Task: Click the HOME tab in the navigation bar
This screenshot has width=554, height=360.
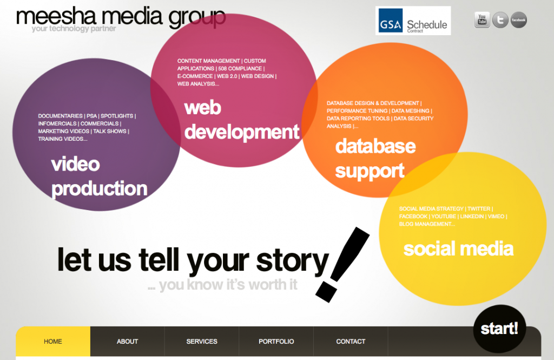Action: [x=53, y=341]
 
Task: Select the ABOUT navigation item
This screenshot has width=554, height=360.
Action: [x=127, y=341]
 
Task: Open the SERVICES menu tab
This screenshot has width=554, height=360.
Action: [x=202, y=341]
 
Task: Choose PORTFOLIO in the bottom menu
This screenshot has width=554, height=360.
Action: [x=276, y=341]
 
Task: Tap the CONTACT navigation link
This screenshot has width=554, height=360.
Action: [x=351, y=341]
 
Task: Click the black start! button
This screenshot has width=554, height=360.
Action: [x=499, y=329]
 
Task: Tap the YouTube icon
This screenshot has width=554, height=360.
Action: [x=482, y=20]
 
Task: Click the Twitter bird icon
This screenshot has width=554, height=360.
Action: [x=500, y=20]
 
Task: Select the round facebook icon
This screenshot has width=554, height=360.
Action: [x=518, y=20]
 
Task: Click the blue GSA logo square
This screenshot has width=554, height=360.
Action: [x=391, y=21]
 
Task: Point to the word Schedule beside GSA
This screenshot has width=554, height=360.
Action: [x=427, y=25]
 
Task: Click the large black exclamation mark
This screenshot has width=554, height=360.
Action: [x=342, y=265]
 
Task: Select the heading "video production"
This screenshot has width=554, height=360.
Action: [x=100, y=176]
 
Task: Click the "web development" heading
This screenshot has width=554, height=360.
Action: [x=242, y=120]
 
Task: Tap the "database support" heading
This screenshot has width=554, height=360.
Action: [x=375, y=159]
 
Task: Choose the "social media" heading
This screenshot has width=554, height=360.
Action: [x=458, y=248]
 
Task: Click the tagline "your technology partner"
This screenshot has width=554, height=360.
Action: [x=74, y=29]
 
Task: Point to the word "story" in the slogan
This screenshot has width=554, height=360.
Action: [x=293, y=261]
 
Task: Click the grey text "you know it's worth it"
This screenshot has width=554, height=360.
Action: [x=228, y=285]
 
